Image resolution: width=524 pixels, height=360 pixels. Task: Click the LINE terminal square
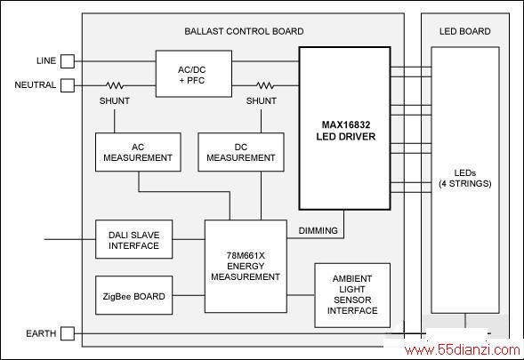tap(68, 61)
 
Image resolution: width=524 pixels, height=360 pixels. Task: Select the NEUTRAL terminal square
tap(68, 85)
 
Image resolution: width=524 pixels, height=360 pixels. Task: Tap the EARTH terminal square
tap(68, 333)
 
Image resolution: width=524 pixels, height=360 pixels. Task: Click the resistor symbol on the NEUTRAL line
tap(115, 85)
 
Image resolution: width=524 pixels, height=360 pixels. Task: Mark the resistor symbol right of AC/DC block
tap(265, 85)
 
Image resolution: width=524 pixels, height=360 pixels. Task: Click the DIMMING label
tap(318, 231)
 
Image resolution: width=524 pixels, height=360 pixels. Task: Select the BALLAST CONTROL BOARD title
tap(244, 31)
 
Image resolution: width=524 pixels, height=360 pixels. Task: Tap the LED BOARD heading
tap(465, 31)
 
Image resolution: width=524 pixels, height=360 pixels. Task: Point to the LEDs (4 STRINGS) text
tap(465, 179)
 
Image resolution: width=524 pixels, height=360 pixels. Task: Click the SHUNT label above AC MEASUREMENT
tap(114, 100)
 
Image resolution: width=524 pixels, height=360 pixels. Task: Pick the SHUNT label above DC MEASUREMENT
tap(261, 100)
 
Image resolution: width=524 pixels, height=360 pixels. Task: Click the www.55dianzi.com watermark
tap(463, 350)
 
